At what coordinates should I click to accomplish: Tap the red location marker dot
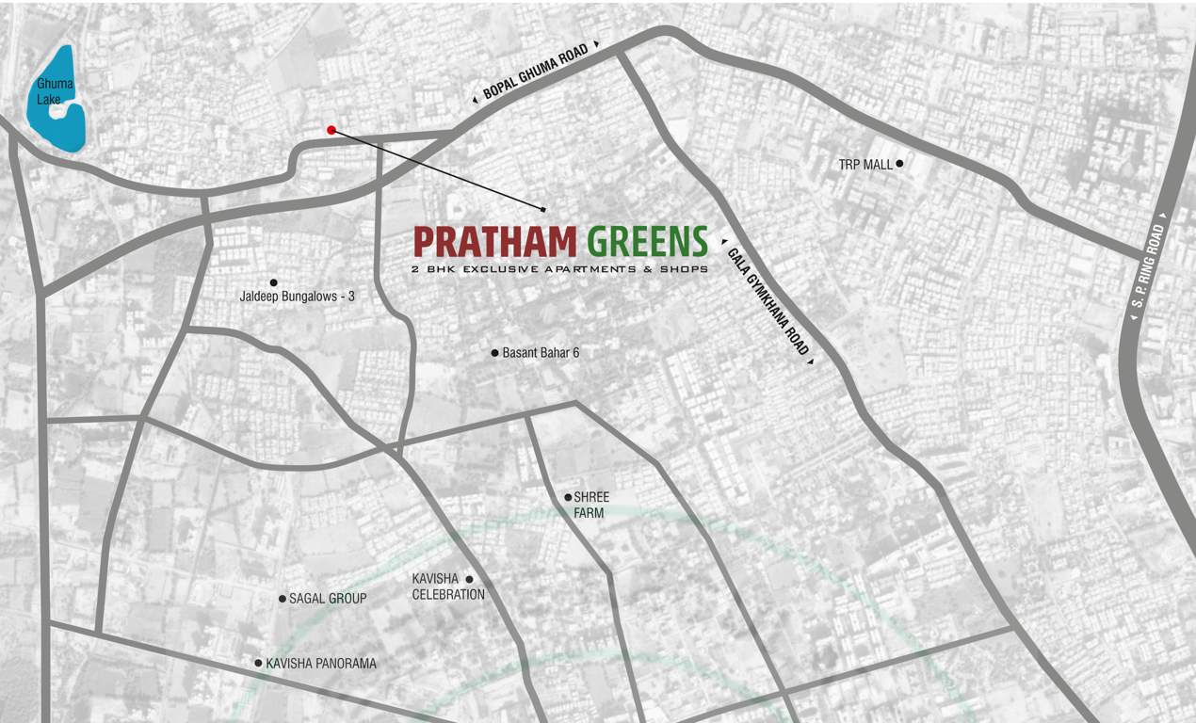coord(331,130)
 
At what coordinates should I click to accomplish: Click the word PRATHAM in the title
coord(494,242)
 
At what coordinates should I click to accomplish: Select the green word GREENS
coord(647,242)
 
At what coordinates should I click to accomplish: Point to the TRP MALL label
coord(865,165)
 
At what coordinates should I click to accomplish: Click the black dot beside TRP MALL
coord(899,164)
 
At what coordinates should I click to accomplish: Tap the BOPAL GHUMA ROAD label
coord(535,72)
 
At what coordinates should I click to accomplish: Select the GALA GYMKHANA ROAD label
coord(768,298)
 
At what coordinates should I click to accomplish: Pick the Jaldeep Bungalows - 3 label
coord(298,296)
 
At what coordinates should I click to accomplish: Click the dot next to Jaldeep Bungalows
coord(273,282)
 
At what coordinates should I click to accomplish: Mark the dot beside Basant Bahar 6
coord(494,353)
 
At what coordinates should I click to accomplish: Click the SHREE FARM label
coord(591,505)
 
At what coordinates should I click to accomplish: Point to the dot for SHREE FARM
coord(568,497)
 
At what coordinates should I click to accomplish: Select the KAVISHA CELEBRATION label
coord(448,586)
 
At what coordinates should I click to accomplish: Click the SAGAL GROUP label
coord(328,599)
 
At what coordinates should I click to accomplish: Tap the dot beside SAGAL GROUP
coord(282,598)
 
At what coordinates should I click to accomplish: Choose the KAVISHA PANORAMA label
coord(321,664)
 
